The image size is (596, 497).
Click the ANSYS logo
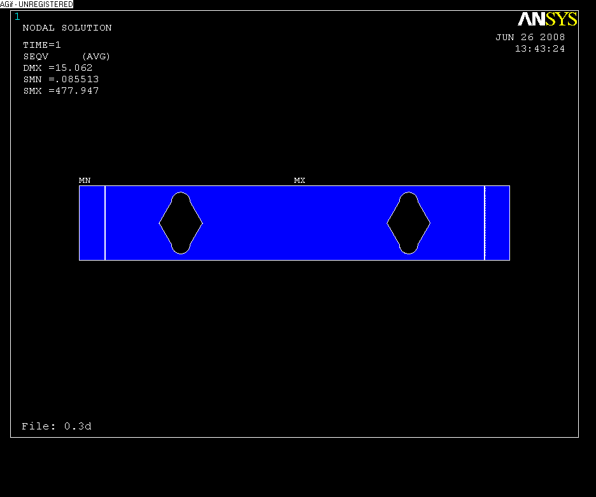[548, 19]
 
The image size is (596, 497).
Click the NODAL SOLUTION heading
[67, 28]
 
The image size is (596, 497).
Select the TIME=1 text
[42, 45]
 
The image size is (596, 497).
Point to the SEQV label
[36, 57]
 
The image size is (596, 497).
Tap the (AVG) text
[96, 57]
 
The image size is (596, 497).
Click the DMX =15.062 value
[58, 68]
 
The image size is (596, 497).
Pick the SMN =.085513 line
[61, 80]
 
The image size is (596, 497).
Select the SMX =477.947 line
[61, 91]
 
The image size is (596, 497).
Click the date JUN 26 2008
[530, 38]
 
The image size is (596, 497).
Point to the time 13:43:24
[539, 49]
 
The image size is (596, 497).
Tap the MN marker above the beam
[85, 181]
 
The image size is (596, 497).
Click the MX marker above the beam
[299, 181]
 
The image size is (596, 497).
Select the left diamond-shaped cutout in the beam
[181, 223]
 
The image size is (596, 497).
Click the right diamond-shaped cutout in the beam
[409, 223]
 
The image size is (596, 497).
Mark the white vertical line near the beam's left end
[105, 223]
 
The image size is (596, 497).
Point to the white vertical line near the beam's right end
[485, 223]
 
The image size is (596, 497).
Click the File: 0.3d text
[57, 426]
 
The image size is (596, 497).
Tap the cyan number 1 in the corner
[17, 17]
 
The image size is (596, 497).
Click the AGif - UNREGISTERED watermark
[36, 4]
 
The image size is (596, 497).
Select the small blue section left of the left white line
[92, 223]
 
